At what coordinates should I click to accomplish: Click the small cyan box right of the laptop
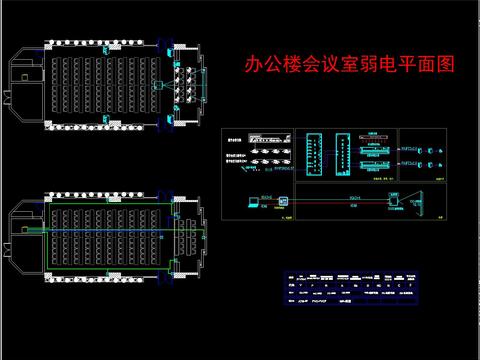[283, 201]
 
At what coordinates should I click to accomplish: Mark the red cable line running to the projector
[340, 202]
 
